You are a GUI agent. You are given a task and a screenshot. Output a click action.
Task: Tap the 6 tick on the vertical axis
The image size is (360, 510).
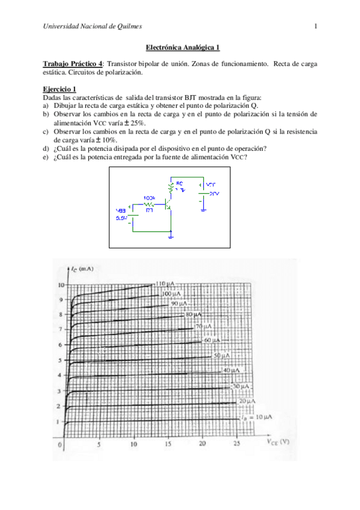pos(59,345)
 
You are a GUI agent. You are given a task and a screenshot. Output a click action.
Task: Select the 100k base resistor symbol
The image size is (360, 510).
pos(150,203)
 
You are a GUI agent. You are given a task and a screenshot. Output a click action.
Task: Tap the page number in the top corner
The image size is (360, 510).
pos(316,25)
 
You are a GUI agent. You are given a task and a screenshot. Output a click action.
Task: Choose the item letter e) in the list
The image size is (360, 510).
pos(46,158)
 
